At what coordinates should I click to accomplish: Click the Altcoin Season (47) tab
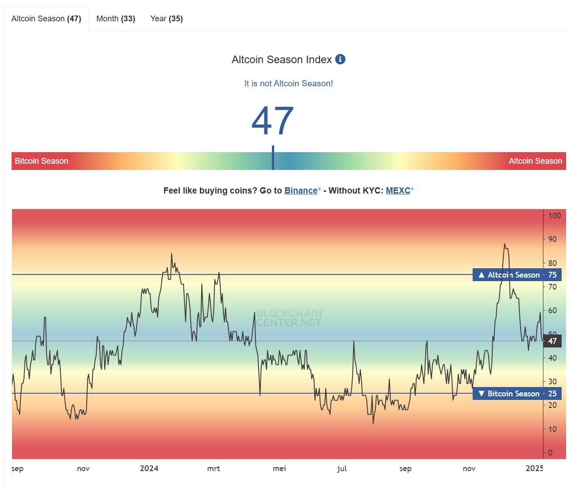click(x=46, y=19)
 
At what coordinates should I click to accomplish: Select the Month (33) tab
click(x=116, y=19)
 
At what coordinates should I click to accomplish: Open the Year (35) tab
click(x=166, y=19)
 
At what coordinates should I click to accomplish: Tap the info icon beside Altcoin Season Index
click(x=340, y=59)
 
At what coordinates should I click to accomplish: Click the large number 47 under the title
click(x=272, y=121)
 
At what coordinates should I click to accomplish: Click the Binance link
click(x=301, y=190)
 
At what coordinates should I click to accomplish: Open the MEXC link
click(x=398, y=190)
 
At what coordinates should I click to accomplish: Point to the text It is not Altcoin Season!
click(x=288, y=83)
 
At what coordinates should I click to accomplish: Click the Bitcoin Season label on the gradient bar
click(x=41, y=161)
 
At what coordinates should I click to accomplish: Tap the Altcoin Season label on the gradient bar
click(x=535, y=161)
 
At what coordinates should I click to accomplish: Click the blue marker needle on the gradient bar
click(x=273, y=158)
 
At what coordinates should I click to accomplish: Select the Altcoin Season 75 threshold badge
click(x=517, y=275)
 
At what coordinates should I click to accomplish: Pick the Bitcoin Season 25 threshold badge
click(x=517, y=394)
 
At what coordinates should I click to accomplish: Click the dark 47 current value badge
click(x=552, y=341)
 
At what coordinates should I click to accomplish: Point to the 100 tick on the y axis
click(x=554, y=216)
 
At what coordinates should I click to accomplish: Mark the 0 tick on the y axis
click(x=551, y=453)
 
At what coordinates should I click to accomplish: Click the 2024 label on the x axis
click(x=149, y=468)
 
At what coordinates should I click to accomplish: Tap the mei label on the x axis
click(x=279, y=468)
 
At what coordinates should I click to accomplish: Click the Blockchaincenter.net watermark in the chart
click(x=289, y=318)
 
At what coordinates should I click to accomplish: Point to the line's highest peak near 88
click(x=504, y=244)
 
